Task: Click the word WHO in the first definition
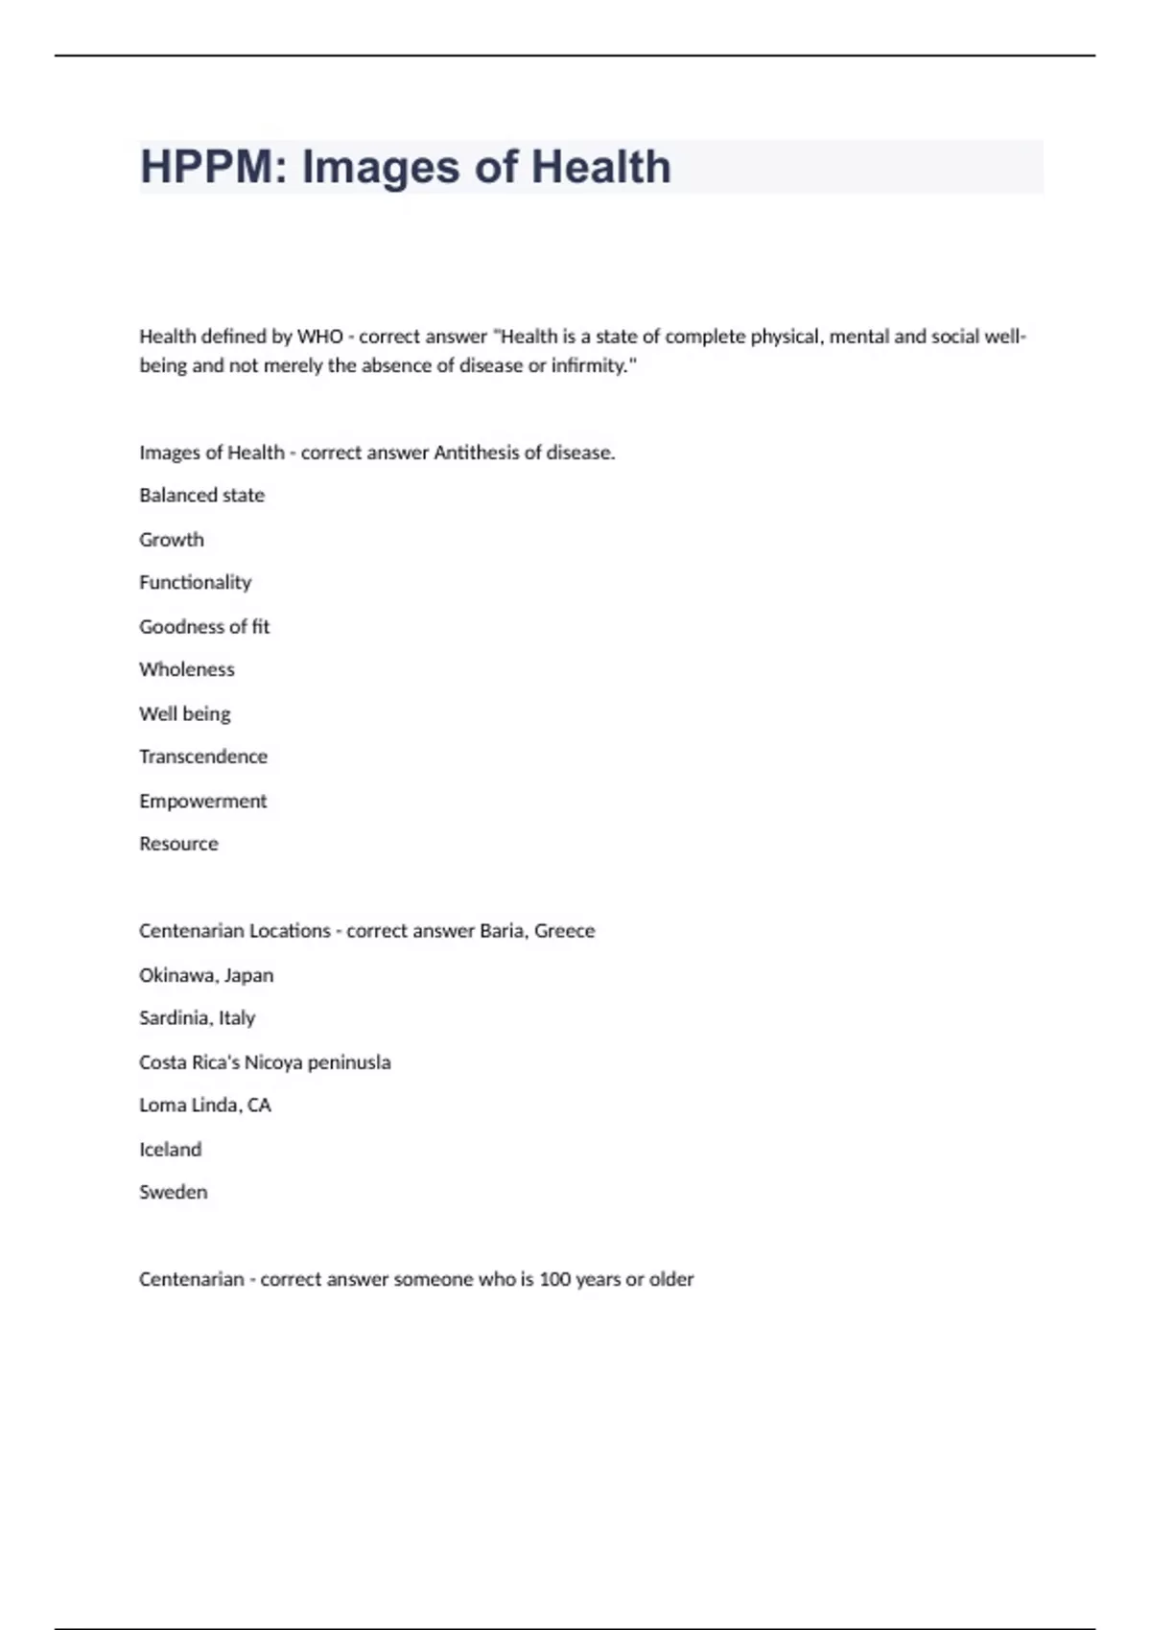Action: tap(319, 337)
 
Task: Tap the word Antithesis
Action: tap(476, 453)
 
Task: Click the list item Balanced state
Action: tap(201, 496)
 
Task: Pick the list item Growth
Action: tap(172, 540)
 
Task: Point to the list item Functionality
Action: tap(195, 583)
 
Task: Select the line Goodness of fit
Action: tap(204, 627)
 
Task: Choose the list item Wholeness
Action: tap(186, 670)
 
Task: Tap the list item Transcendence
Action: tap(203, 757)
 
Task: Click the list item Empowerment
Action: tap(202, 801)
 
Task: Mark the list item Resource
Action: tap(178, 844)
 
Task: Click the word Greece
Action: tap(564, 931)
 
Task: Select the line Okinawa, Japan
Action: tap(206, 975)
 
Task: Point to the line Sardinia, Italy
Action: tap(197, 1018)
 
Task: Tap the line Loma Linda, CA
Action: tap(204, 1106)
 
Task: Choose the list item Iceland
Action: tap(170, 1150)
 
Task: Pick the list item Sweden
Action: tap(173, 1193)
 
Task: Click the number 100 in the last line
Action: tap(554, 1279)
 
